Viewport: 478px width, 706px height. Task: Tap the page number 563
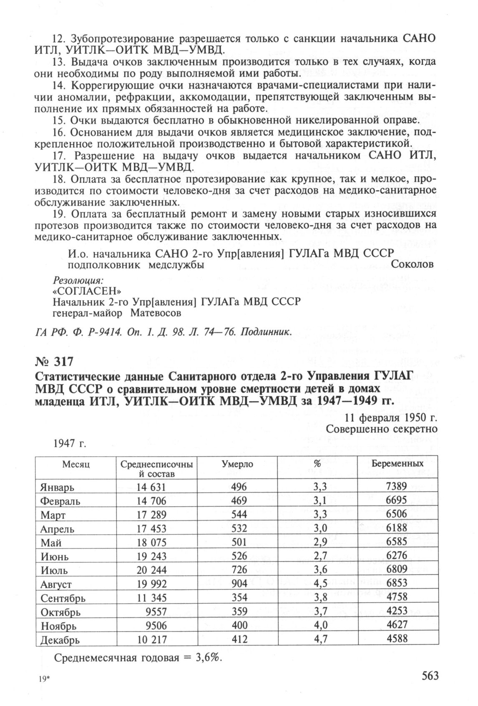click(x=430, y=676)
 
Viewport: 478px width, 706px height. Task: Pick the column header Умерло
click(x=237, y=464)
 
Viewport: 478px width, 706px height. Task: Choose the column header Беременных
click(x=397, y=463)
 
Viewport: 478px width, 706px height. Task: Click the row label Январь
click(x=58, y=487)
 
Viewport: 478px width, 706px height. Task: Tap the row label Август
click(x=56, y=584)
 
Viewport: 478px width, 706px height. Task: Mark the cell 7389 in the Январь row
click(x=397, y=486)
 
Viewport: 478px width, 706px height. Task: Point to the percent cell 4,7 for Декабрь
click(x=320, y=639)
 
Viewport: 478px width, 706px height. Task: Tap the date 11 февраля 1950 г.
click(x=391, y=418)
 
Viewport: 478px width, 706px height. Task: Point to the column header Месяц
click(x=75, y=464)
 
